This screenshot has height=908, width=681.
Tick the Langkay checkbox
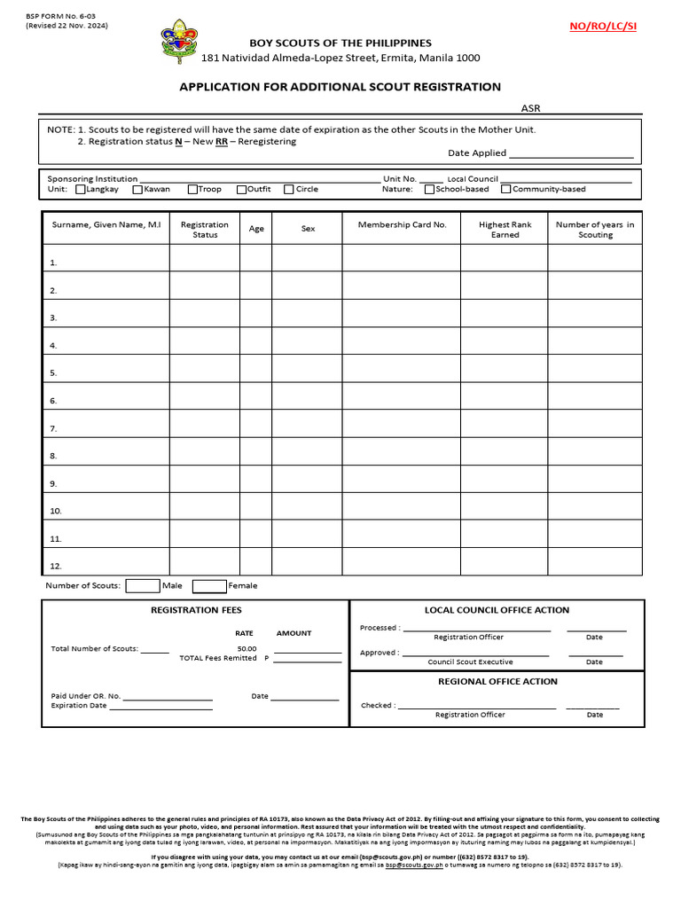(81, 189)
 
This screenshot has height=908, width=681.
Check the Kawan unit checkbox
(137, 189)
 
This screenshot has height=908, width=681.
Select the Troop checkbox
(192, 189)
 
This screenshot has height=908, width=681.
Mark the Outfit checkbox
(241, 189)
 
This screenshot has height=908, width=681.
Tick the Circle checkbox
(289, 189)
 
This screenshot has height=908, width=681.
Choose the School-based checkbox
(430, 189)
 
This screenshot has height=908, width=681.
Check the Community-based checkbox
(506, 189)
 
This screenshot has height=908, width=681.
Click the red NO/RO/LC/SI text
(603, 27)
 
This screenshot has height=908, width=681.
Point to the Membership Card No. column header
(402, 225)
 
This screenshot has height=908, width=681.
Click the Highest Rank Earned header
(505, 230)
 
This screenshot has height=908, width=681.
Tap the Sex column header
(308, 229)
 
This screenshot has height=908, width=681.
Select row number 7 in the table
(53, 429)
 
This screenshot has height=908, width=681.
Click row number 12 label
(55, 566)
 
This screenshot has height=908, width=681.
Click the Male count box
(142, 585)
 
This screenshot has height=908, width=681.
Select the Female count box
(209, 585)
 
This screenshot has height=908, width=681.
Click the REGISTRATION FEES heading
(196, 610)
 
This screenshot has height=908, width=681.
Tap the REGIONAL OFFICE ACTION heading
(497, 682)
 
